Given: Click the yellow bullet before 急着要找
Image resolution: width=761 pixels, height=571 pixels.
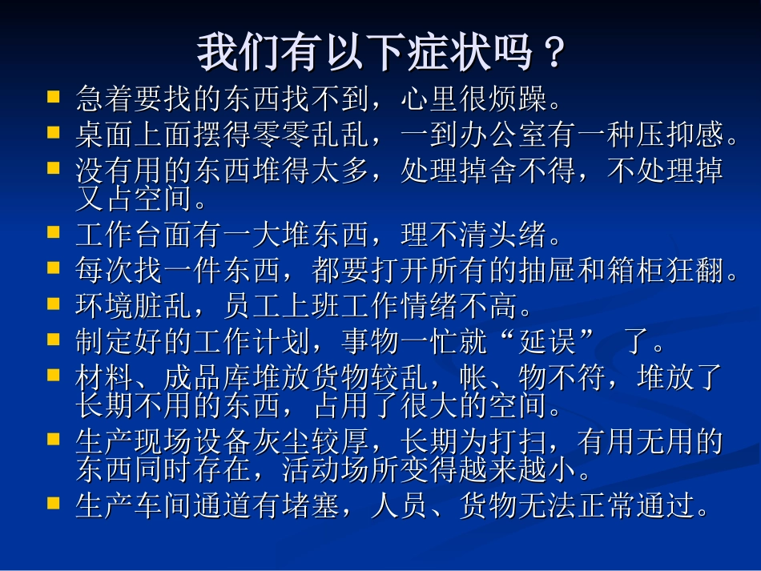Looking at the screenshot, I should coord(54,98).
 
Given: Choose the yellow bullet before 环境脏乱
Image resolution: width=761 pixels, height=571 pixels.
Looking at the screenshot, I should coord(54,303).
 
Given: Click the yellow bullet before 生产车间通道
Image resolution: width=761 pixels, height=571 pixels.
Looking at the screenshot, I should coord(54,503).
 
